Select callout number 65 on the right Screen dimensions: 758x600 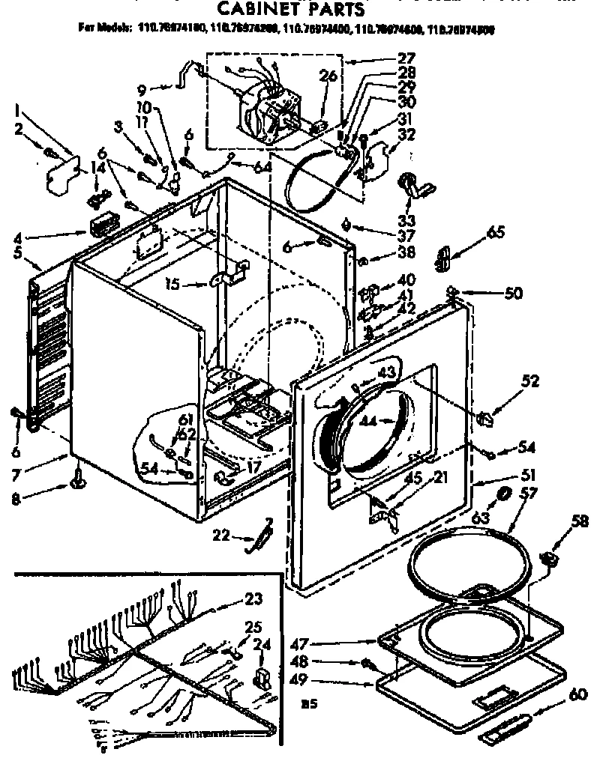point(495,233)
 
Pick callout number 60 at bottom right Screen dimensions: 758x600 point(577,695)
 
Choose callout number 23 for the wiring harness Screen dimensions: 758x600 point(253,599)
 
